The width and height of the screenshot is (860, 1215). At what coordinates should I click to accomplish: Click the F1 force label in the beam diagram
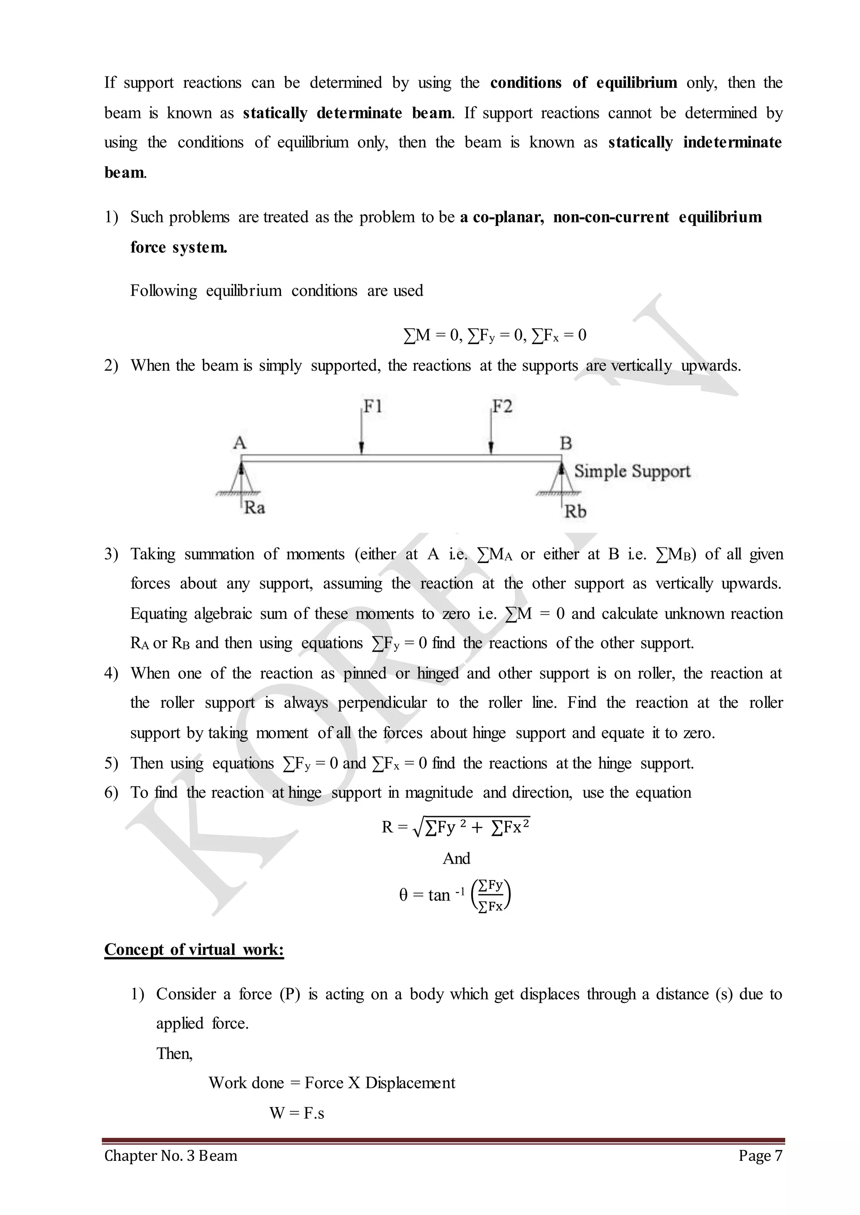[373, 406]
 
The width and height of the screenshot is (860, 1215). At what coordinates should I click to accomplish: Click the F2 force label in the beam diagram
[502, 406]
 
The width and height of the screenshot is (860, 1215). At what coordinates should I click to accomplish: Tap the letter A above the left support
[239, 443]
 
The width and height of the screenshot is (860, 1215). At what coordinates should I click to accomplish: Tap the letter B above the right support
[566, 443]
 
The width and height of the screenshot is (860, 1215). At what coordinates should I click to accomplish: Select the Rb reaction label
[575, 512]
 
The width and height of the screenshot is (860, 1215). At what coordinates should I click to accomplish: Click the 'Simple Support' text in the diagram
[632, 471]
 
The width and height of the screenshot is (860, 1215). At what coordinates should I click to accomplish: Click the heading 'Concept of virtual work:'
[194, 949]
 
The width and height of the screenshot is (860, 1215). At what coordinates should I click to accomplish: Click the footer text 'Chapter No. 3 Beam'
[170, 1155]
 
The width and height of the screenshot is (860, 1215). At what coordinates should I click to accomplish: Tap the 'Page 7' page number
[760, 1155]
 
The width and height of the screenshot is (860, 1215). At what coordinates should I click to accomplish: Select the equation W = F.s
[296, 1113]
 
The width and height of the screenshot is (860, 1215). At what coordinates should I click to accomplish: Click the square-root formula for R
[456, 827]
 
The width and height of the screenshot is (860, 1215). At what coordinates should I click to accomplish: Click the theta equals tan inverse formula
[454, 895]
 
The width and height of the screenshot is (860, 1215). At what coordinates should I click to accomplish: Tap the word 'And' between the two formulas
[456, 858]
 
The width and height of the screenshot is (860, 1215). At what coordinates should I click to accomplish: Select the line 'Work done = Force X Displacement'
[331, 1083]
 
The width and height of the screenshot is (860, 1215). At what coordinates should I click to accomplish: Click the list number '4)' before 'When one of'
[111, 673]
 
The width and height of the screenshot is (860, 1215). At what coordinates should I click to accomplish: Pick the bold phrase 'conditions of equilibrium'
[583, 83]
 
